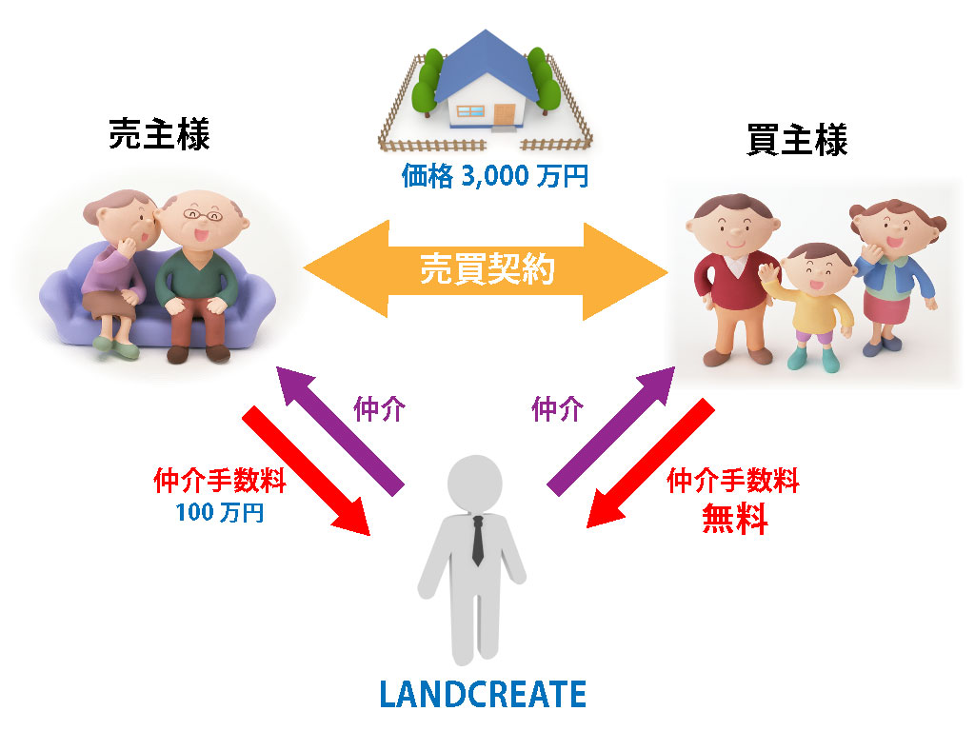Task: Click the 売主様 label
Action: pos(160,133)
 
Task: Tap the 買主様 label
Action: pos(797,140)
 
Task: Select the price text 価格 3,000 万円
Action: pos(495,176)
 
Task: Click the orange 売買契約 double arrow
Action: pos(486,269)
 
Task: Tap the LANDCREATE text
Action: pos(483,694)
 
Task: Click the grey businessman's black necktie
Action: pos(478,541)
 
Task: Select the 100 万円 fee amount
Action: pos(220,513)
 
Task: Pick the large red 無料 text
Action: pos(734,519)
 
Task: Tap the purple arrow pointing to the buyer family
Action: pos(611,431)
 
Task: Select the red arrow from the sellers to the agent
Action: pos(306,470)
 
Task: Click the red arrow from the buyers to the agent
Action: pos(650,464)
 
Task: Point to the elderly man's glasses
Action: pos(203,215)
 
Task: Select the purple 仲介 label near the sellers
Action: pos(379,409)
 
